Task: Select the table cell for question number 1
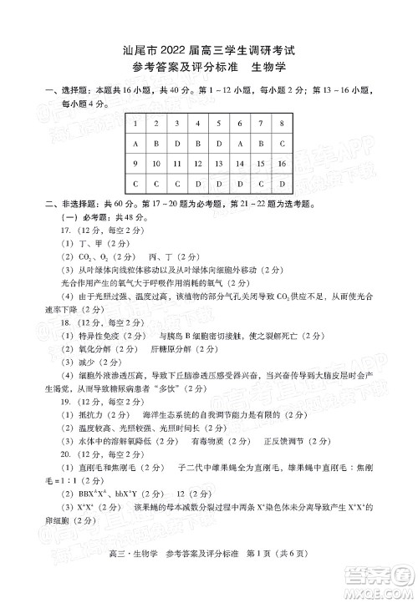[135, 124]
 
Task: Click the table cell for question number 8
[282, 124]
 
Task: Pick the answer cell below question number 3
[176, 144]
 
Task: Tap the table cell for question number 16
[282, 164]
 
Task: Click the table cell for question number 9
[135, 164]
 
